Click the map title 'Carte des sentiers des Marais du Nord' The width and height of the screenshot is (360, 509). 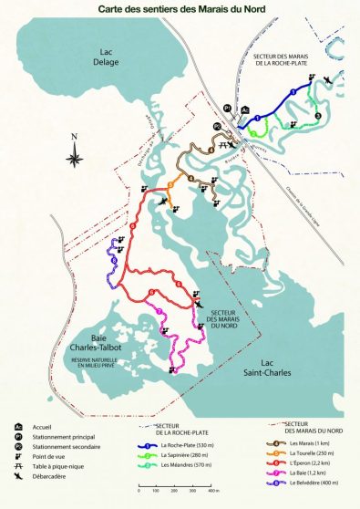tap(180, 10)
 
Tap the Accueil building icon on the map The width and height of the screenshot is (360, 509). tap(245, 109)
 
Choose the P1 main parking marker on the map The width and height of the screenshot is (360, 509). tap(227, 108)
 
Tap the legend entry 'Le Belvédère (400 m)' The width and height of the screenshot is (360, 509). tap(310, 483)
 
